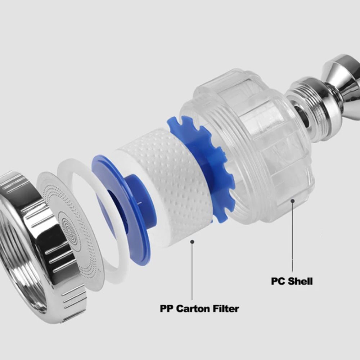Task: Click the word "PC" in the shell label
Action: (x=278, y=281)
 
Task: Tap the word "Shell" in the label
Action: (x=301, y=281)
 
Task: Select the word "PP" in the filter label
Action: (x=167, y=309)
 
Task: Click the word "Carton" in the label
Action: (x=193, y=309)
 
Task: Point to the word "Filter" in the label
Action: (x=226, y=309)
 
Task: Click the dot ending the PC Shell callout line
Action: (x=292, y=201)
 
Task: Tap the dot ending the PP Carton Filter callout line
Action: (x=192, y=242)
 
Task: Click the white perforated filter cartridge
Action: (x=170, y=184)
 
